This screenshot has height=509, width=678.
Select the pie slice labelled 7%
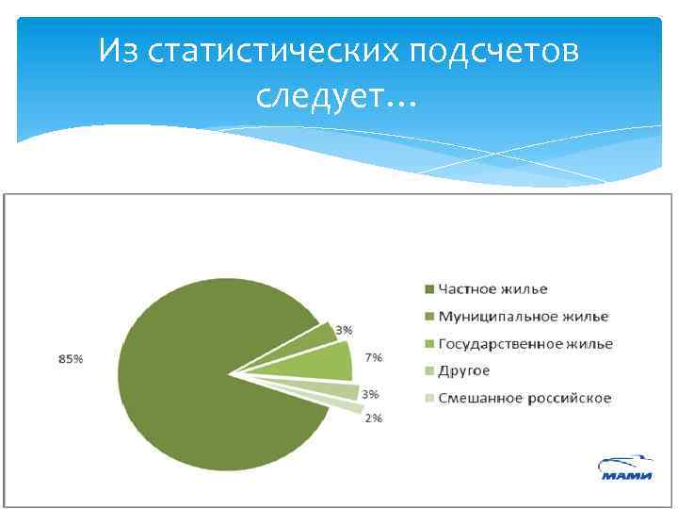325,362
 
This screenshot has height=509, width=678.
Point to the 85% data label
70,359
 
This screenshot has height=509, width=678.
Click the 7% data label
374,357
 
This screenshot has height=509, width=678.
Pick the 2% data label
373,419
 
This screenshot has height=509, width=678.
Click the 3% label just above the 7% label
345,330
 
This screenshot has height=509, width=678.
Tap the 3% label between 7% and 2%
370,393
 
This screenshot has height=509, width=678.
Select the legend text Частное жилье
492,288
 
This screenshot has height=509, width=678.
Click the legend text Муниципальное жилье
524,316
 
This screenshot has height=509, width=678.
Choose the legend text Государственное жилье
525,343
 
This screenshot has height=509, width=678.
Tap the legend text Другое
464,370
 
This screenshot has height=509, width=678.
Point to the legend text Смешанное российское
525,398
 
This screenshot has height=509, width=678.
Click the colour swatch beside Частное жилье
428,289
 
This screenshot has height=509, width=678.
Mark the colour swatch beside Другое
428,371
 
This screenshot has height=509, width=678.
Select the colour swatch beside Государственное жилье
428,344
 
